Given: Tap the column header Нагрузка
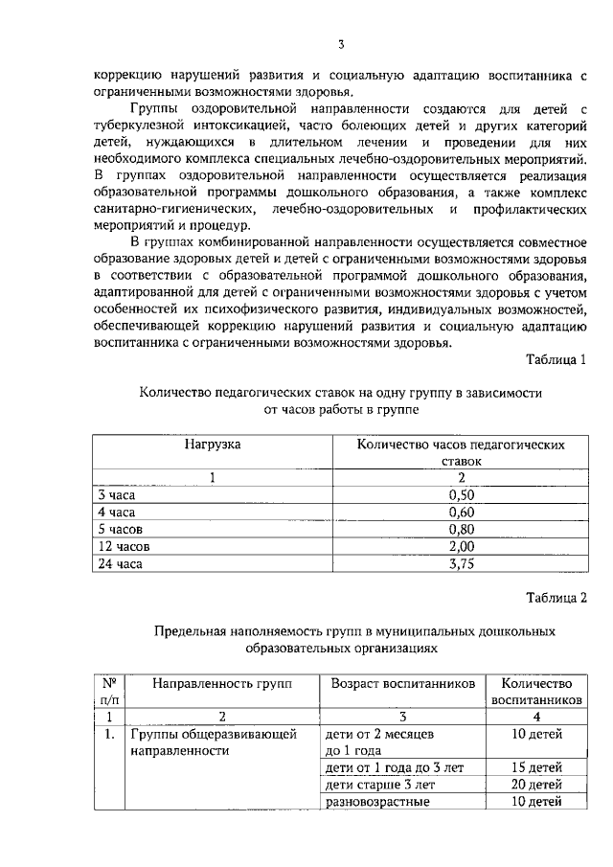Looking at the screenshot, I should (213, 445).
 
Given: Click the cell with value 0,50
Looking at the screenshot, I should (462, 495).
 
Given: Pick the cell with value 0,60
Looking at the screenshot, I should (462, 513).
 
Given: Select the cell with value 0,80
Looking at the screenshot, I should (462, 529).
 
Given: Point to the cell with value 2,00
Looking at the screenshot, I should (462, 546).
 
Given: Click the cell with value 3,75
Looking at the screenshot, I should (462, 563).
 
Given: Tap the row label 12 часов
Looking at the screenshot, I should (125, 546).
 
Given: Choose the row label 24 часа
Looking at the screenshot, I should (121, 563).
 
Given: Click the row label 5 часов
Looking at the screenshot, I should (122, 529).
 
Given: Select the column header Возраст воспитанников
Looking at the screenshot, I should (402, 683).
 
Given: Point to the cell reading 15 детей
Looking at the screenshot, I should (536, 767).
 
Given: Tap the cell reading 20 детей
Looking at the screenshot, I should (536, 785).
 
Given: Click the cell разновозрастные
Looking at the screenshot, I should (377, 802).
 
